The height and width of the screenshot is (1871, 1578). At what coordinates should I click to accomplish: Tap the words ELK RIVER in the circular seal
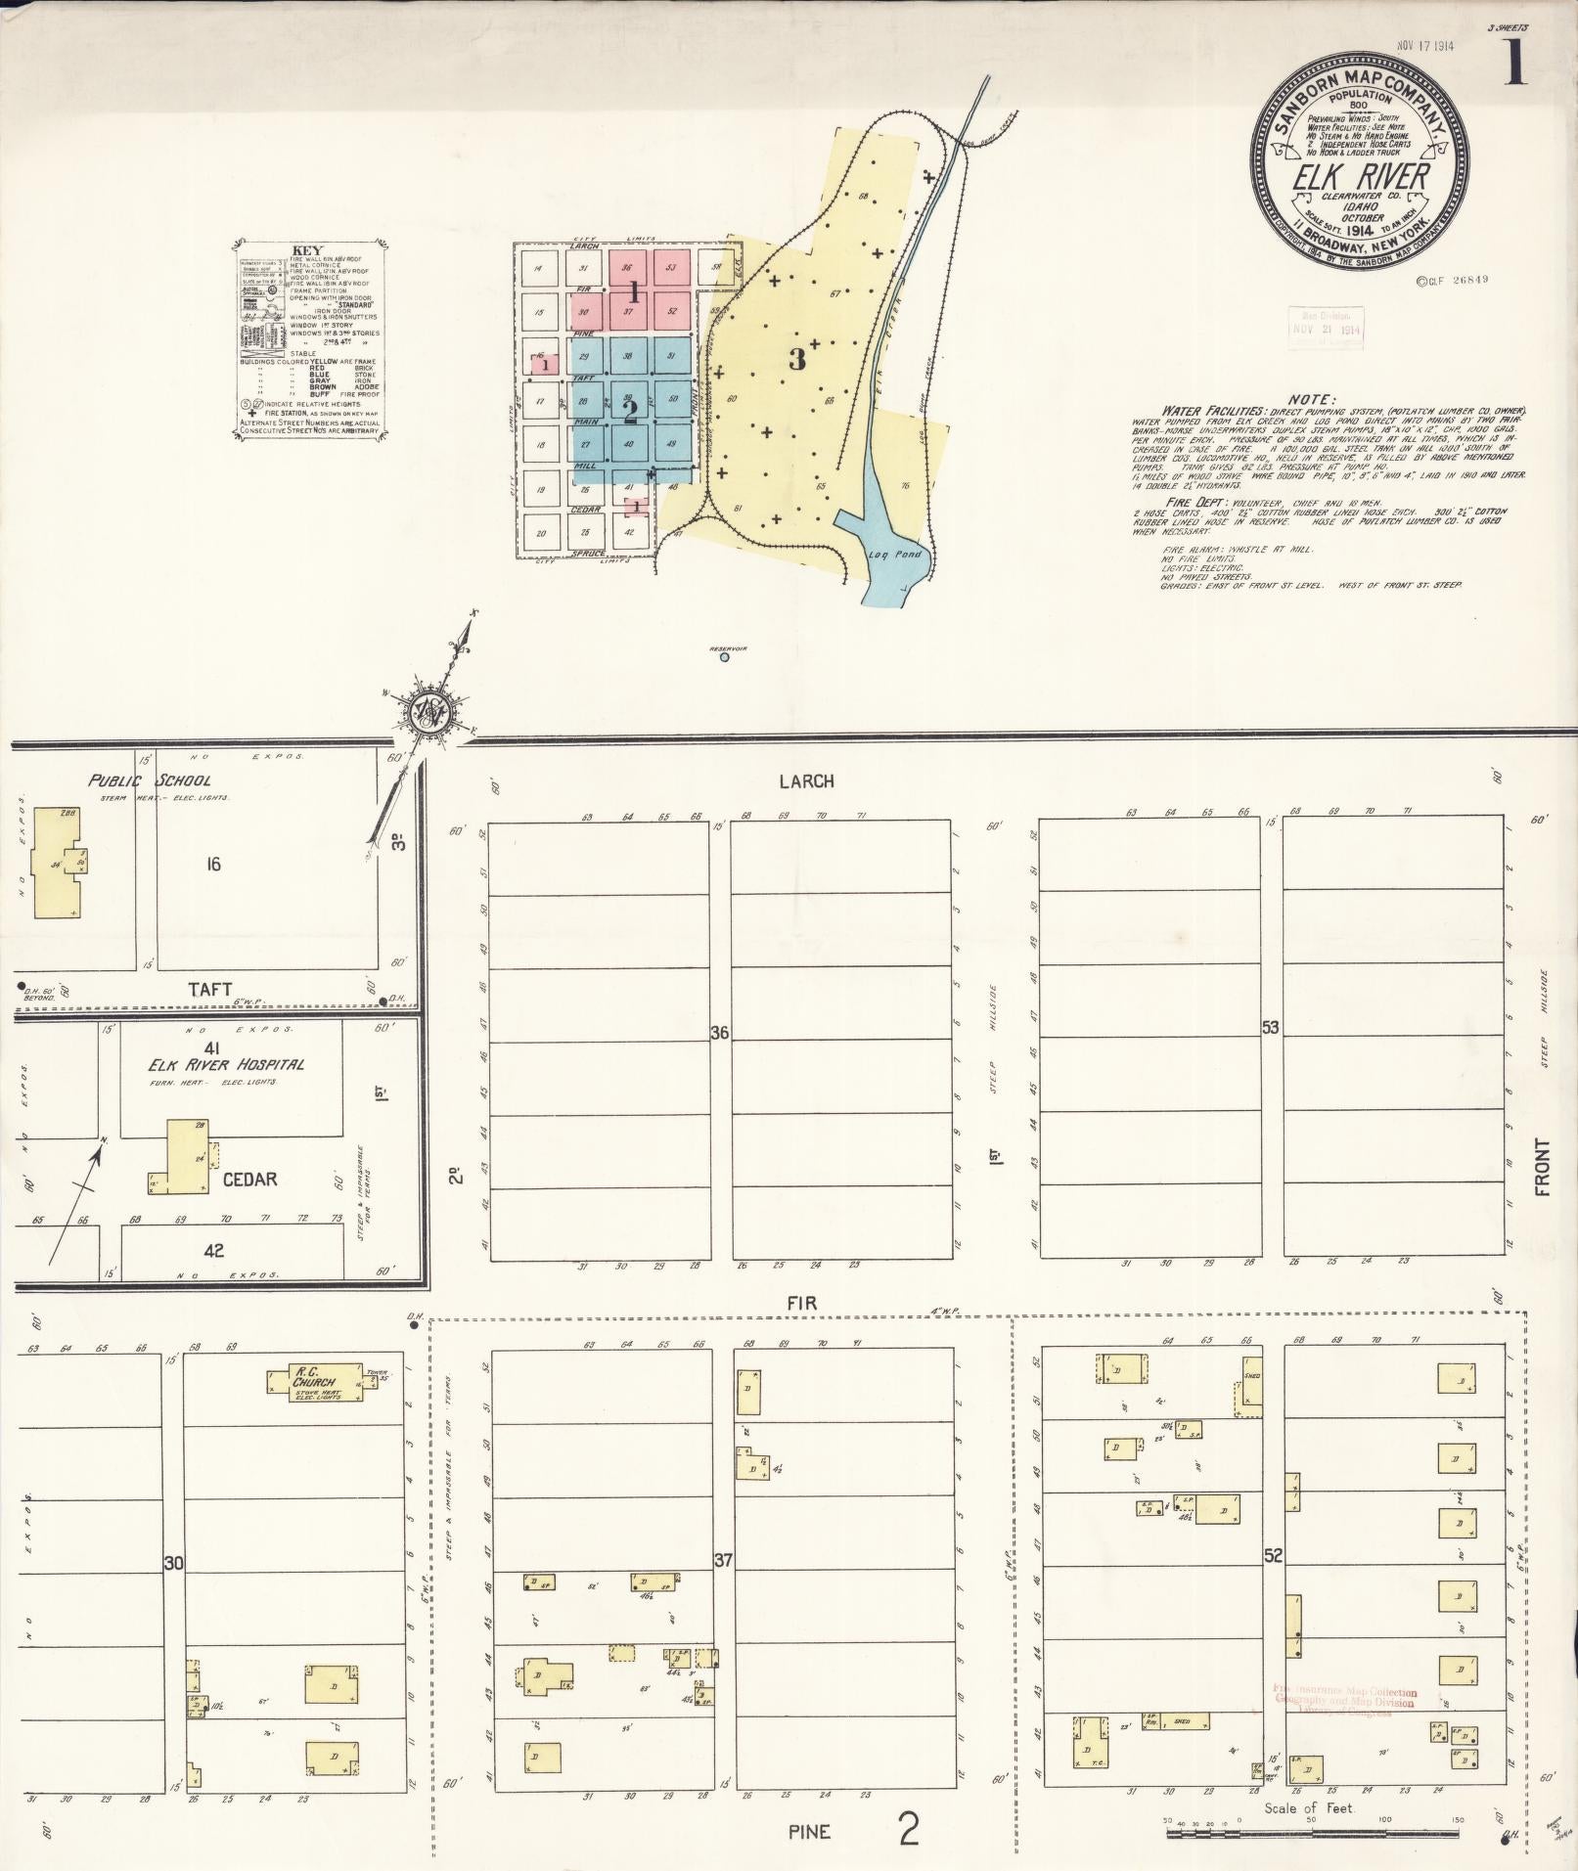1361,179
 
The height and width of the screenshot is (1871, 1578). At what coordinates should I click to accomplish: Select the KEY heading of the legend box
305,249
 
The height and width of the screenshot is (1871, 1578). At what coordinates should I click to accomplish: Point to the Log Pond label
895,555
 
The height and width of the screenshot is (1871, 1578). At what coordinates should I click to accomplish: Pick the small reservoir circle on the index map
724,657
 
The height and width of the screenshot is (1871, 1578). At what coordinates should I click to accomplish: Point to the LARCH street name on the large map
807,781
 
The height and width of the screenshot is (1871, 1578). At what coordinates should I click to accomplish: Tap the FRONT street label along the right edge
1543,1167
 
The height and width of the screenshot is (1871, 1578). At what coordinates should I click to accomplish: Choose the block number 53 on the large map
1271,1028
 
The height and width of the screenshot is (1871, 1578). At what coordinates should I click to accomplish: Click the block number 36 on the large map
720,1032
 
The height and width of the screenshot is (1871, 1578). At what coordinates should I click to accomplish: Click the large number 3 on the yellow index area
797,359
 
